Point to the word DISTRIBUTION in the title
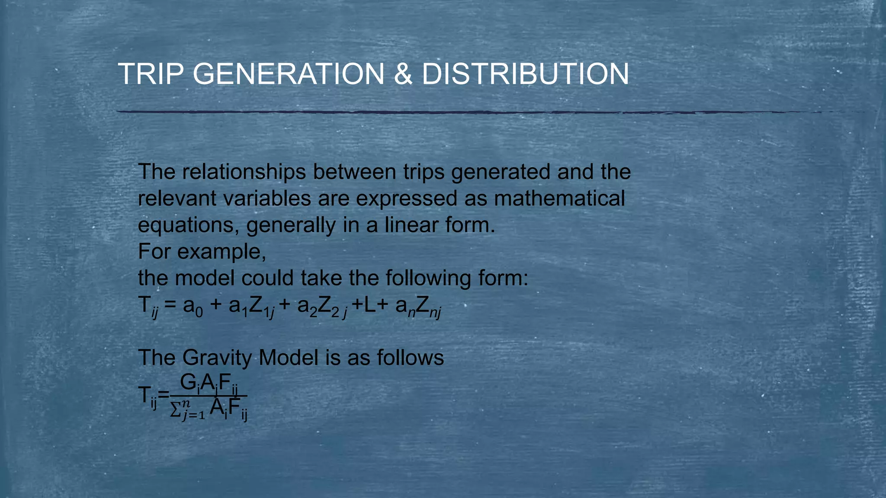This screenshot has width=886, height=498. coord(525,74)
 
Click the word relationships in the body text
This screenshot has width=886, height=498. coord(244,172)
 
